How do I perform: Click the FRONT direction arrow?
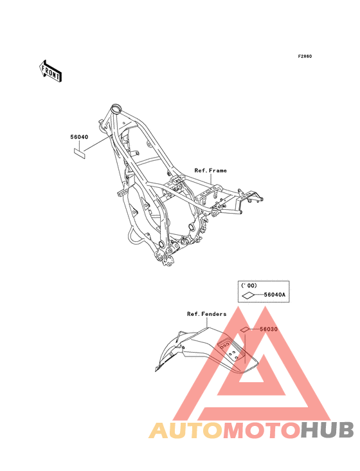tap(50, 71)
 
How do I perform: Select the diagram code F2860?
tap(305, 57)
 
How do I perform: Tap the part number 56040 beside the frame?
tap(79, 137)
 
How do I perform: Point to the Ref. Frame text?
tap(211, 171)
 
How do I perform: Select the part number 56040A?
tap(274, 295)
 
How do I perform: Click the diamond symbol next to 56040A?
tap(248, 295)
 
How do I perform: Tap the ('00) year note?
tap(249, 286)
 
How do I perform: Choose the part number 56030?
tap(269, 329)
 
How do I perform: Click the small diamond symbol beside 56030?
tap(244, 330)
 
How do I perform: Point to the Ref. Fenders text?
tap(207, 314)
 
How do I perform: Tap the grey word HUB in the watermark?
tap(328, 430)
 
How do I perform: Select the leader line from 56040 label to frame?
tap(98, 143)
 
